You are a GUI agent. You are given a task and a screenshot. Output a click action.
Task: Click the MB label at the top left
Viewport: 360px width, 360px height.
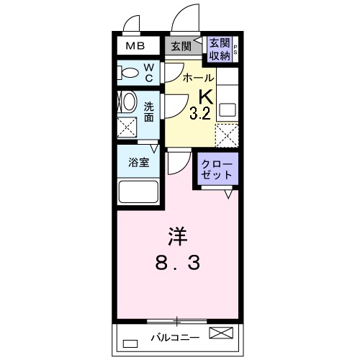tap(135, 47)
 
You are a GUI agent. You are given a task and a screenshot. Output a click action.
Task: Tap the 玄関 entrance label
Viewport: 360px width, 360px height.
tap(181, 47)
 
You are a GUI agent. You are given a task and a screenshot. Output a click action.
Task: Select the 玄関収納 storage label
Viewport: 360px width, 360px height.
tap(220, 49)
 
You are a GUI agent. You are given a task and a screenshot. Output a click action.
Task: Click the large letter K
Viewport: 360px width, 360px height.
tap(204, 96)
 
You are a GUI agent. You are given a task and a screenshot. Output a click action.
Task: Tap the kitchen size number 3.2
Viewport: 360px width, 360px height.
tap(201, 113)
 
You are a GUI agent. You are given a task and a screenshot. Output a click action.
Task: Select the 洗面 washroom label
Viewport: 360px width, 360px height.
tap(149, 111)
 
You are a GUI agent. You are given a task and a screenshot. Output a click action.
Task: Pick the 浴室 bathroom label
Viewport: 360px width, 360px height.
tap(139, 163)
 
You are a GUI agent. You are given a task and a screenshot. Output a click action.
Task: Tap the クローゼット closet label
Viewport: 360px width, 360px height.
tap(218, 169)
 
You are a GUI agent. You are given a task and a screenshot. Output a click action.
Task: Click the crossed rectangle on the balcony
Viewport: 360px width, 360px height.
tap(222, 333)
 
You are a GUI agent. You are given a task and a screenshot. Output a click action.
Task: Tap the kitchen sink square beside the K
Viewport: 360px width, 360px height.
tap(228, 111)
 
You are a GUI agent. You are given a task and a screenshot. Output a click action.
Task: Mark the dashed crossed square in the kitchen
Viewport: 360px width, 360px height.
tap(227, 135)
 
